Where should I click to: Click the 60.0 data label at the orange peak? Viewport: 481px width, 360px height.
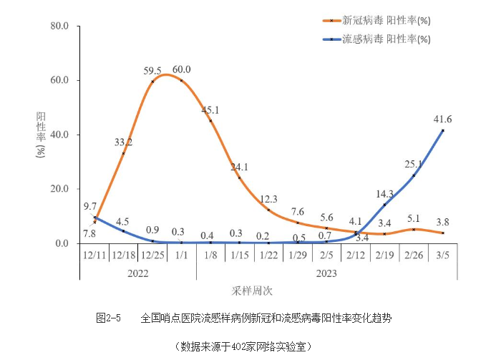182,69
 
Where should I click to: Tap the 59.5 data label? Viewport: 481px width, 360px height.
152,71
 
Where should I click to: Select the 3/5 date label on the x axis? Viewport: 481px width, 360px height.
442,255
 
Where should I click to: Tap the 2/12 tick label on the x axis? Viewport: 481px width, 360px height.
355,255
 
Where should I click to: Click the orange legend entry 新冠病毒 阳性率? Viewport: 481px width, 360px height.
387,21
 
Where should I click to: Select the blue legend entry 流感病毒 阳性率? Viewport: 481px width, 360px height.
387,39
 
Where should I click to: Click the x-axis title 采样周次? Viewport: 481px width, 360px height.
251,291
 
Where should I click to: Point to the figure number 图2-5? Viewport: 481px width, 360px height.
108,316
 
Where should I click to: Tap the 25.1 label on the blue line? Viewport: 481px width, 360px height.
413,164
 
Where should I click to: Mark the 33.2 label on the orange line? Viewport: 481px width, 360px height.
123,142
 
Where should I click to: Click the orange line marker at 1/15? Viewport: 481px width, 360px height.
239,177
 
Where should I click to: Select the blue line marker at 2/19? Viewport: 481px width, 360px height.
384,205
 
